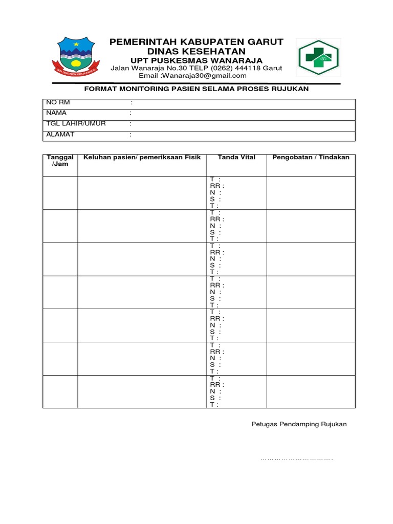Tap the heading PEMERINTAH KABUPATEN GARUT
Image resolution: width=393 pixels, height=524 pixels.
196,42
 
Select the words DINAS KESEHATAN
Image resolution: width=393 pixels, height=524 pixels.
196,52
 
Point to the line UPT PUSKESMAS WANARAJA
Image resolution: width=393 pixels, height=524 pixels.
196,61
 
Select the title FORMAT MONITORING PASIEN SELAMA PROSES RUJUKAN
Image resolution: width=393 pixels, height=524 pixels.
196,89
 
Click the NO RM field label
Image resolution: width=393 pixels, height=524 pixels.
57,102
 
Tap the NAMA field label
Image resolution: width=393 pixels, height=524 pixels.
56,113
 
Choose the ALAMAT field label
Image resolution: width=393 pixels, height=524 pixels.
60,134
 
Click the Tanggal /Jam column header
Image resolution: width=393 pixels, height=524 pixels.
60,161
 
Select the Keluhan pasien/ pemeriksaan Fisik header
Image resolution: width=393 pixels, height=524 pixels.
142,157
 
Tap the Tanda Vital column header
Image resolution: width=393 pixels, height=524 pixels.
236,157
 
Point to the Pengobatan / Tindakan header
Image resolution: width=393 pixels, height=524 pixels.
311,157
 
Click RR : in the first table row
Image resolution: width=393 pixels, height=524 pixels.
217,186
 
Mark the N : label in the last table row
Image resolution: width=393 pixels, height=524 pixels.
215,391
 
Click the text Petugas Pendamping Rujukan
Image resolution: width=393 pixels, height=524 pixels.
299,424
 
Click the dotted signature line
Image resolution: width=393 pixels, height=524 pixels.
297,459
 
